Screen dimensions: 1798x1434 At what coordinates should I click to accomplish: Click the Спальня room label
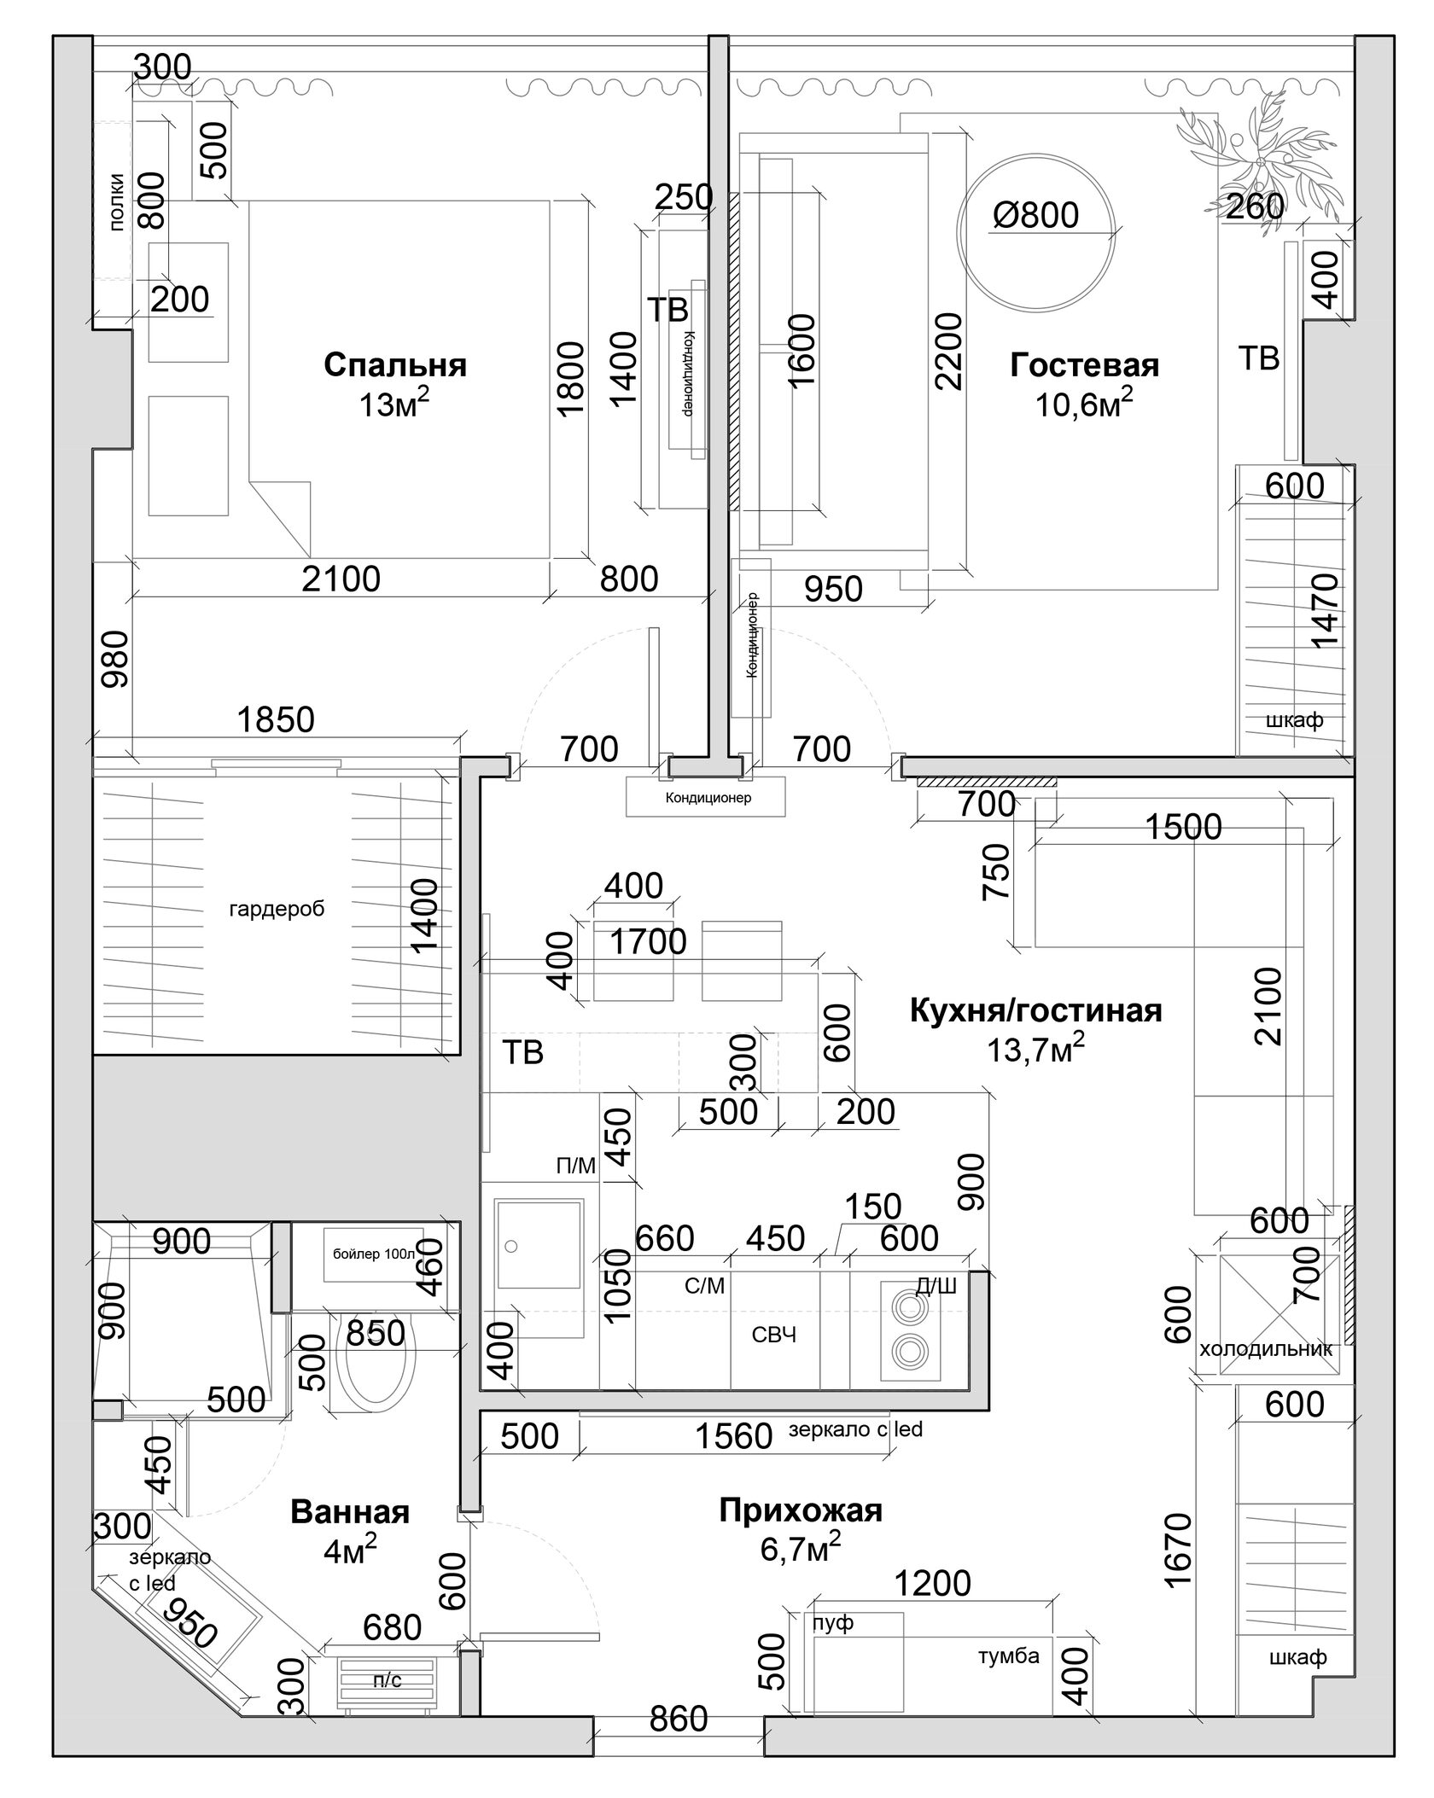tap(395, 365)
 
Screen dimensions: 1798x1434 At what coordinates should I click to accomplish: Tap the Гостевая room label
tap(1084, 365)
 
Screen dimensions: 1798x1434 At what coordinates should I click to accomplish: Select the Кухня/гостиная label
tap(1035, 1010)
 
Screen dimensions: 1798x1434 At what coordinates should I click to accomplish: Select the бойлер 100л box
tap(373, 1254)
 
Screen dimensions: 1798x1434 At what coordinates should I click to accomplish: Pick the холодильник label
tap(1266, 1350)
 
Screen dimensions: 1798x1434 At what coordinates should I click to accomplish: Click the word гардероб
tap(277, 909)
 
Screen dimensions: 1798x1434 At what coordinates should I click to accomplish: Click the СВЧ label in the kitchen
tap(774, 1335)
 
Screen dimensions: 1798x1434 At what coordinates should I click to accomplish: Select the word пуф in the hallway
tap(833, 1622)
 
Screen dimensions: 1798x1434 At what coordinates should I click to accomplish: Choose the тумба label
tap(1008, 1656)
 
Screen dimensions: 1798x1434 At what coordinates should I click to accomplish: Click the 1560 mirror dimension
tap(734, 1436)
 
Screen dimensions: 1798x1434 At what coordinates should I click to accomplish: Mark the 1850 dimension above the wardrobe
tap(276, 719)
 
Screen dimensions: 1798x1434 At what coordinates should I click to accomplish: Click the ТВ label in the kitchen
tap(522, 1053)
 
